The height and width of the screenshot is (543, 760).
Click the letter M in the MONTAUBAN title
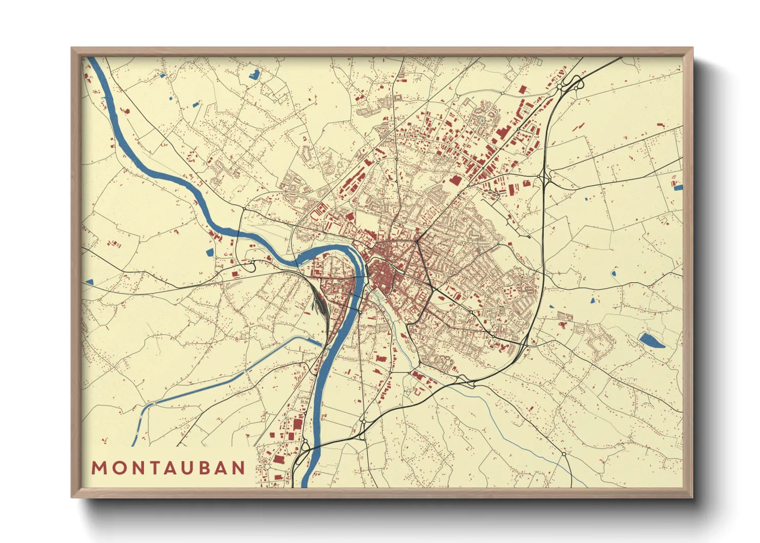(x=99, y=468)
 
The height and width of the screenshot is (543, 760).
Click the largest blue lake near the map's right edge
(x=651, y=340)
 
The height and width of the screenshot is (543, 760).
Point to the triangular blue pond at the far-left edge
(x=89, y=282)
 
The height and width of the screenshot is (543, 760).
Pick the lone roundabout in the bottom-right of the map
(x=564, y=454)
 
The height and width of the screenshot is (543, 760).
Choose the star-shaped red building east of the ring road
(x=562, y=324)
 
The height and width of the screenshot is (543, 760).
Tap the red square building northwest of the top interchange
(x=523, y=90)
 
